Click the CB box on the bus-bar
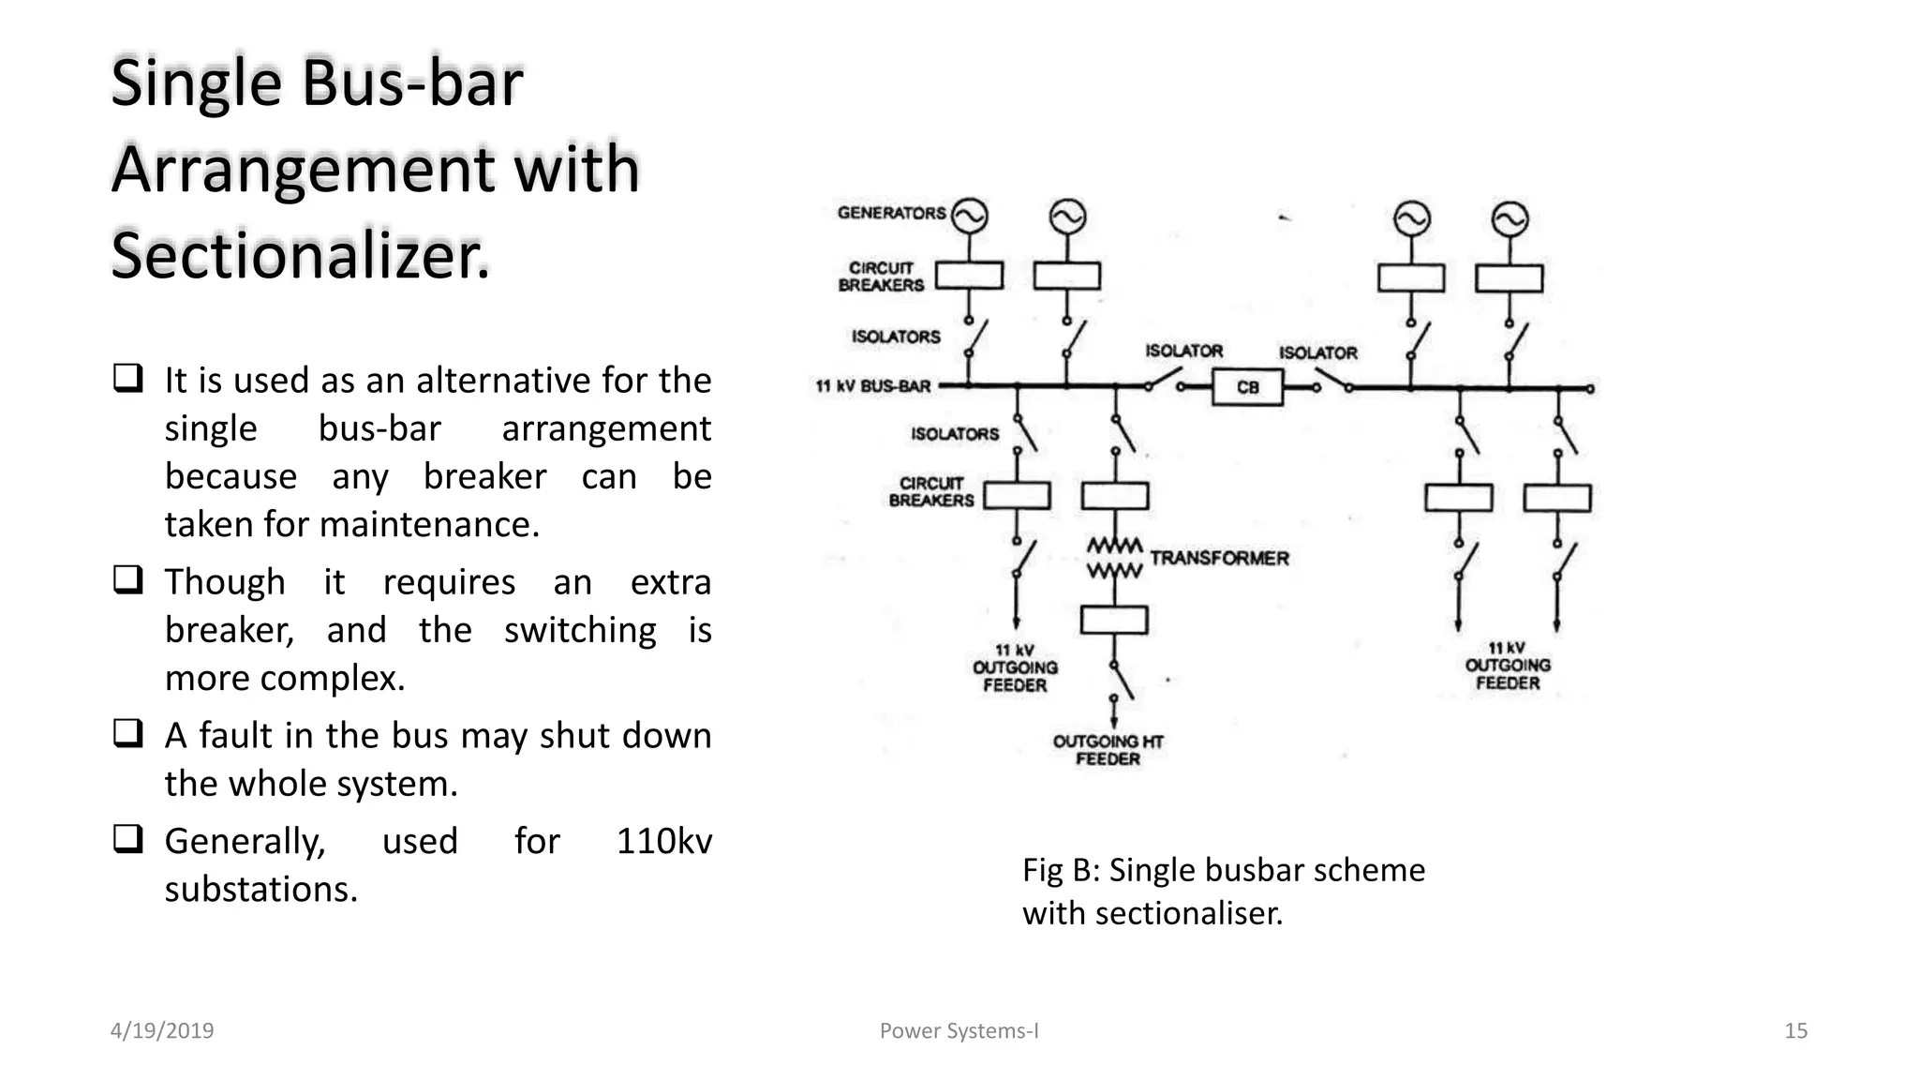click(1247, 387)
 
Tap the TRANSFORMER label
click(1219, 558)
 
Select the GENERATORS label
click(891, 213)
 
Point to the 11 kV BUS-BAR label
click(873, 386)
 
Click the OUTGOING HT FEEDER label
click(1108, 750)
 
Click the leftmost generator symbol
click(969, 217)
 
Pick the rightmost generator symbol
click(1509, 219)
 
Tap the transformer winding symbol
click(1114, 558)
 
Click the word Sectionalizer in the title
click(300, 256)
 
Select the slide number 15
click(1795, 1031)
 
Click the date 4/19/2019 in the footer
click(162, 1031)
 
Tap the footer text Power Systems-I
click(959, 1031)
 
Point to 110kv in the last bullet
click(663, 841)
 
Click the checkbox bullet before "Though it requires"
click(127, 580)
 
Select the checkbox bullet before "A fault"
click(127, 733)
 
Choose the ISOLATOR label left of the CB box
click(1183, 351)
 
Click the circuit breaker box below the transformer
click(1114, 620)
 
